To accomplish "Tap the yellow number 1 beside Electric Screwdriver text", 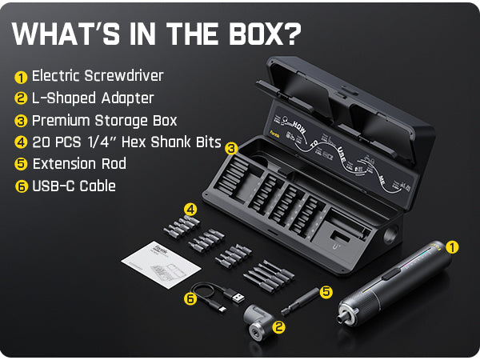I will [x=21, y=78].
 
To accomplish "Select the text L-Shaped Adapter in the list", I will [x=93, y=98].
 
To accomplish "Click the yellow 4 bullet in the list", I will [x=21, y=143].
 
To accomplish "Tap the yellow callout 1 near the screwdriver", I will [x=453, y=247].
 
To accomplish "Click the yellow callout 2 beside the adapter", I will [x=278, y=326].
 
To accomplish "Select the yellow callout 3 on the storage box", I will [x=231, y=148].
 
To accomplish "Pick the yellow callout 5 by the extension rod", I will [x=326, y=293].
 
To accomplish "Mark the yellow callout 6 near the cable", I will [x=190, y=298].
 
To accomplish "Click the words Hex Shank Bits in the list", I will [x=174, y=143].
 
